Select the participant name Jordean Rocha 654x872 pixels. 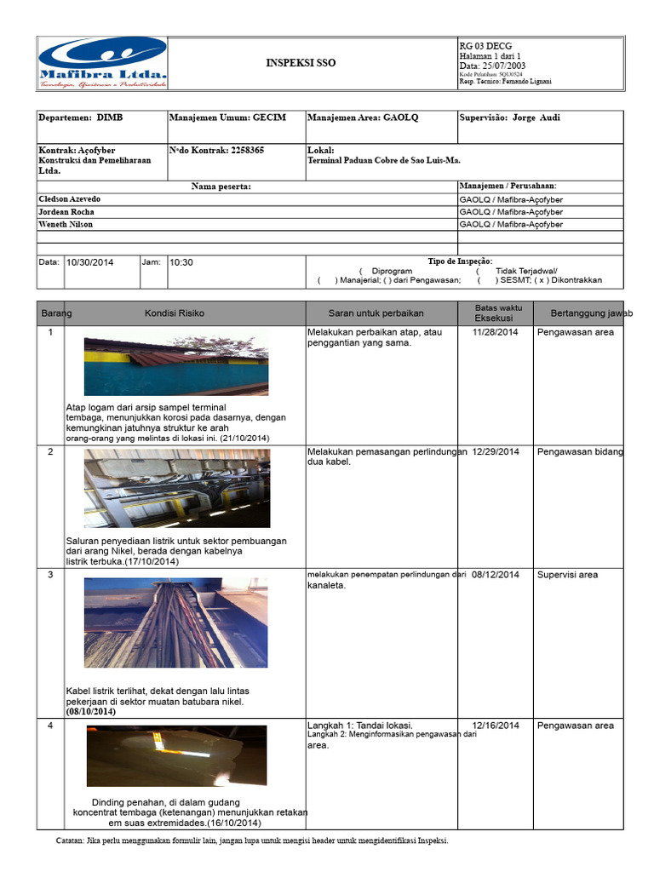pyautogui.click(x=66, y=211)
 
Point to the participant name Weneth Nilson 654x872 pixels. pyautogui.click(x=66, y=224)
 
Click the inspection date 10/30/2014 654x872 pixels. pyautogui.click(x=89, y=262)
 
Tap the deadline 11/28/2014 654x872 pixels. pyautogui.click(x=495, y=332)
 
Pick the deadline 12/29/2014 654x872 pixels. pyautogui.click(x=495, y=451)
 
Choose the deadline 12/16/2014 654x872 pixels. pyautogui.click(x=495, y=726)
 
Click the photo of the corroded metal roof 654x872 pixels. pyautogui.click(x=176, y=364)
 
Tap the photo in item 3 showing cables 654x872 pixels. pyautogui.click(x=176, y=622)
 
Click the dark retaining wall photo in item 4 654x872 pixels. pyautogui.click(x=176, y=756)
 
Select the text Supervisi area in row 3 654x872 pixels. pyautogui.click(x=567, y=575)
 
